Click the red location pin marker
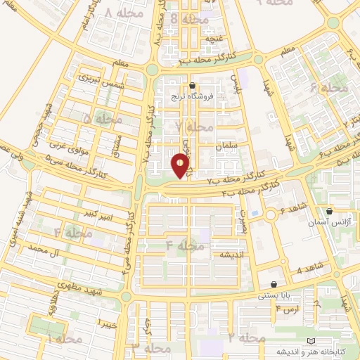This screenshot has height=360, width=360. pyautogui.click(x=181, y=166)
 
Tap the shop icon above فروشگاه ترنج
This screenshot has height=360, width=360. pyautogui.click(x=192, y=86)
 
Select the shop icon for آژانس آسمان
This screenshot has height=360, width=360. pyautogui.click(x=329, y=210)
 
